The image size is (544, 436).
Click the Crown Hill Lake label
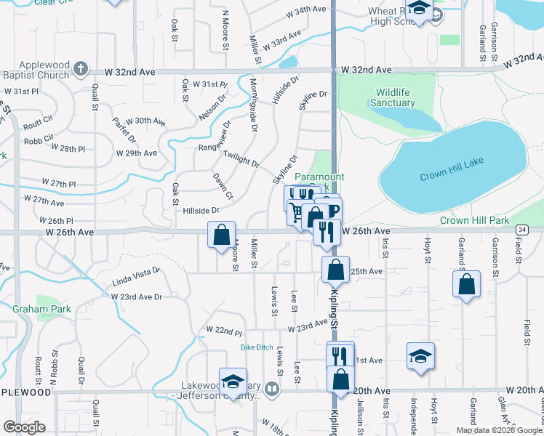[452, 177]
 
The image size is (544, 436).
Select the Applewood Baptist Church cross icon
[80, 70]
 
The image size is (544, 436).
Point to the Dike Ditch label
[257, 347]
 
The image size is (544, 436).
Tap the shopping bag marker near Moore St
[221, 235]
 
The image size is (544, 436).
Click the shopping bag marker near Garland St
[466, 283]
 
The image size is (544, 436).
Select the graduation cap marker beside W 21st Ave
[420, 356]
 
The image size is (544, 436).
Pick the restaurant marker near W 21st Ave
[340, 355]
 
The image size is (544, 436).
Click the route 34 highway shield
[521, 230]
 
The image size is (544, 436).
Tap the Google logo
[25, 427]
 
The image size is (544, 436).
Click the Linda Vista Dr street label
[135, 280]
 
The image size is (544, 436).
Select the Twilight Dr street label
[241, 159]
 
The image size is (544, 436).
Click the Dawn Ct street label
[223, 186]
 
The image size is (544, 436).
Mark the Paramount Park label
[319, 177]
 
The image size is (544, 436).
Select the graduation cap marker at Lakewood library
[233, 381]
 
